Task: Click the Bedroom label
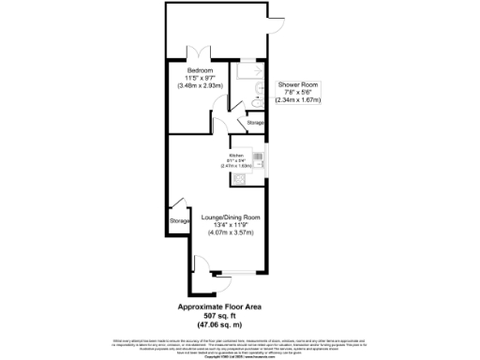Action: pyautogui.click(x=200, y=71)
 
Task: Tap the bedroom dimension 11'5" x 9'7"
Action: pyautogui.click(x=200, y=79)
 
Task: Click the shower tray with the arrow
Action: pyautogui.click(x=250, y=70)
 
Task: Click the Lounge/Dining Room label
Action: pyautogui.click(x=231, y=217)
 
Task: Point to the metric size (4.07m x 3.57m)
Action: pyautogui.click(x=231, y=232)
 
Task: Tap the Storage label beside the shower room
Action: pyautogui.click(x=255, y=123)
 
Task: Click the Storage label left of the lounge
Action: pyautogui.click(x=179, y=221)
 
